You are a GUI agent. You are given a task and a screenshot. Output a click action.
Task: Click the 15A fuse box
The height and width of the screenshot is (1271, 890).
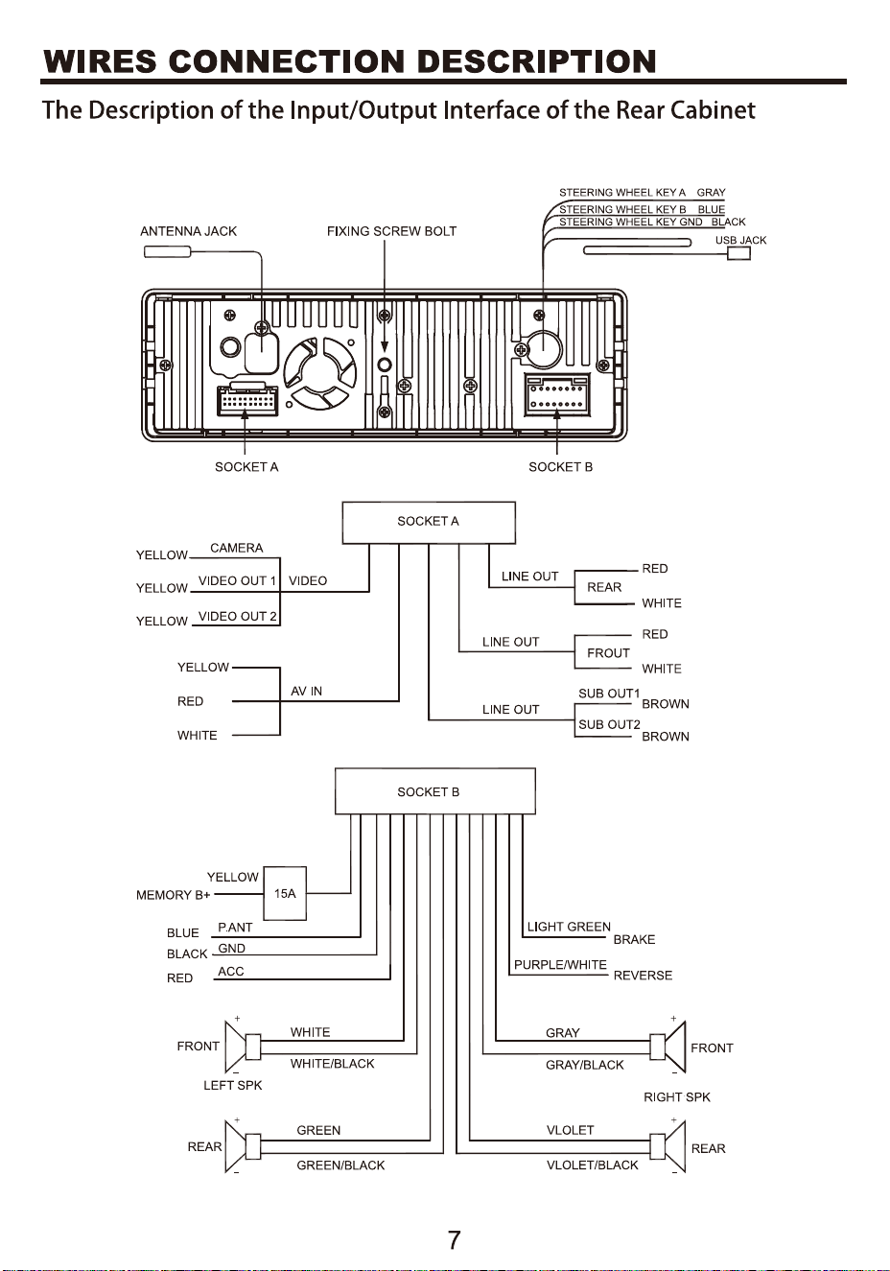(x=285, y=893)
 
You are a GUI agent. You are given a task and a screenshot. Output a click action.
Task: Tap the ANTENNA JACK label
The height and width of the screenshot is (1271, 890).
(x=188, y=231)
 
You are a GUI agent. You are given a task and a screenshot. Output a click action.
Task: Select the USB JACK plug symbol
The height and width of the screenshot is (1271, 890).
(x=738, y=253)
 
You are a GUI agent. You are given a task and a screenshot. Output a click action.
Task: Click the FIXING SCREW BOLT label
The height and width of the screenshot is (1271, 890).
(x=391, y=231)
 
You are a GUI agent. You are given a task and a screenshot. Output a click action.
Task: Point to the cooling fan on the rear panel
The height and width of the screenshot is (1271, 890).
(x=320, y=371)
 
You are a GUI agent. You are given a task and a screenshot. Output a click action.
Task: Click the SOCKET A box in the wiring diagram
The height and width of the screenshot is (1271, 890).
(x=429, y=522)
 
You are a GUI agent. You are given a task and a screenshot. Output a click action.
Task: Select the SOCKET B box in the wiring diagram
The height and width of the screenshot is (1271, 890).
(x=435, y=791)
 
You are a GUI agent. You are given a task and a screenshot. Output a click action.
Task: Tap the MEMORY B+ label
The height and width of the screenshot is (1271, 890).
(x=173, y=895)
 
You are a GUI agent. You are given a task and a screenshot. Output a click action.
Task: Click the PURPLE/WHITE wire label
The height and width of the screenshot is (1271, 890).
(x=560, y=965)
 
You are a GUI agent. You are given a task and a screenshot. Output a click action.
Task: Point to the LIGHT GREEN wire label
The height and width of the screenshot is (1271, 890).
(x=569, y=928)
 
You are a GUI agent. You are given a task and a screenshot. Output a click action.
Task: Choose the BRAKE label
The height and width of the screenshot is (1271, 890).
(x=634, y=940)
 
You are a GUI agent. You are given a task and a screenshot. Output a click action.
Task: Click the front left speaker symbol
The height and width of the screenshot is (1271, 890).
(x=243, y=1047)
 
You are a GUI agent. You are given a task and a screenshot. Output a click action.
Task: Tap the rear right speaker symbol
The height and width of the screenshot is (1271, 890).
(x=667, y=1146)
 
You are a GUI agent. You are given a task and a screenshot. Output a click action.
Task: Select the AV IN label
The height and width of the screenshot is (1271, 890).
(x=306, y=691)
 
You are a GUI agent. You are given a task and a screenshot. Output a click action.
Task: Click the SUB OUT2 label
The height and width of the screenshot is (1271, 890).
(x=609, y=724)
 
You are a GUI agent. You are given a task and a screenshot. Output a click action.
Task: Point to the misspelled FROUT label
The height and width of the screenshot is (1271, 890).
(x=608, y=653)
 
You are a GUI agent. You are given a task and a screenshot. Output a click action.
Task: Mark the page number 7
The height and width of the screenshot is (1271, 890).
(x=455, y=1241)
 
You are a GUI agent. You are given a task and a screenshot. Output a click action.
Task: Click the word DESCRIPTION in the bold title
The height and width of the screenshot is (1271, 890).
(x=537, y=61)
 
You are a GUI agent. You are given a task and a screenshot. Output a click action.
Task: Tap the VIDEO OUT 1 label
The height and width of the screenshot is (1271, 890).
(x=237, y=581)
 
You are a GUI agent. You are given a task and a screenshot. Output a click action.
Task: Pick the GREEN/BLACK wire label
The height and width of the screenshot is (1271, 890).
(x=340, y=1165)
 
